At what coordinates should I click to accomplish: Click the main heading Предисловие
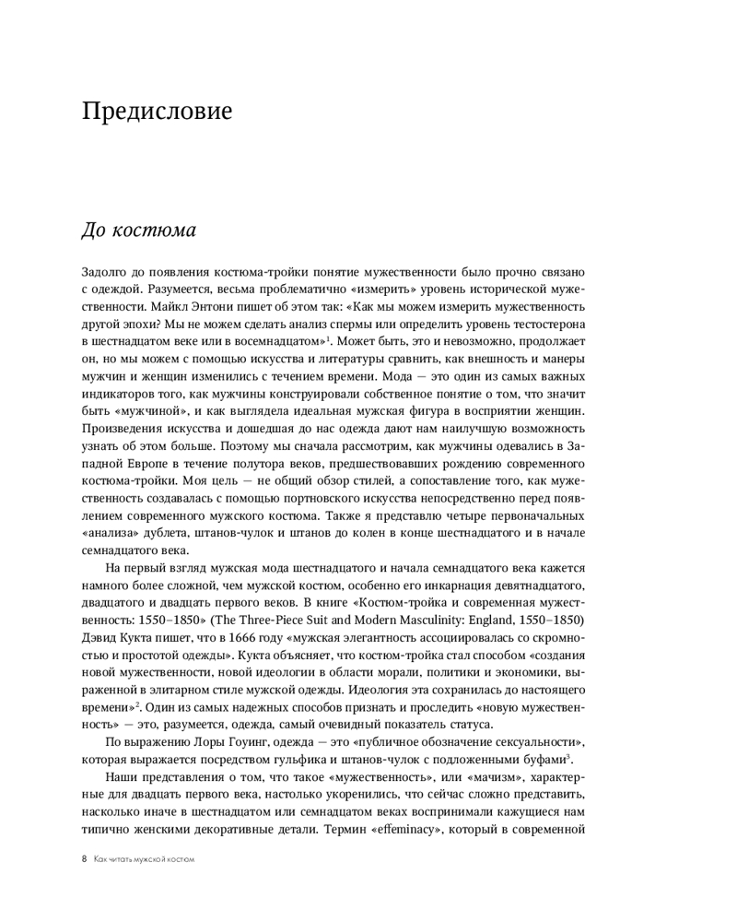click(x=157, y=112)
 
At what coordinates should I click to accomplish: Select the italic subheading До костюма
click(x=139, y=230)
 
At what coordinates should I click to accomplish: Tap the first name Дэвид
click(x=102, y=635)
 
